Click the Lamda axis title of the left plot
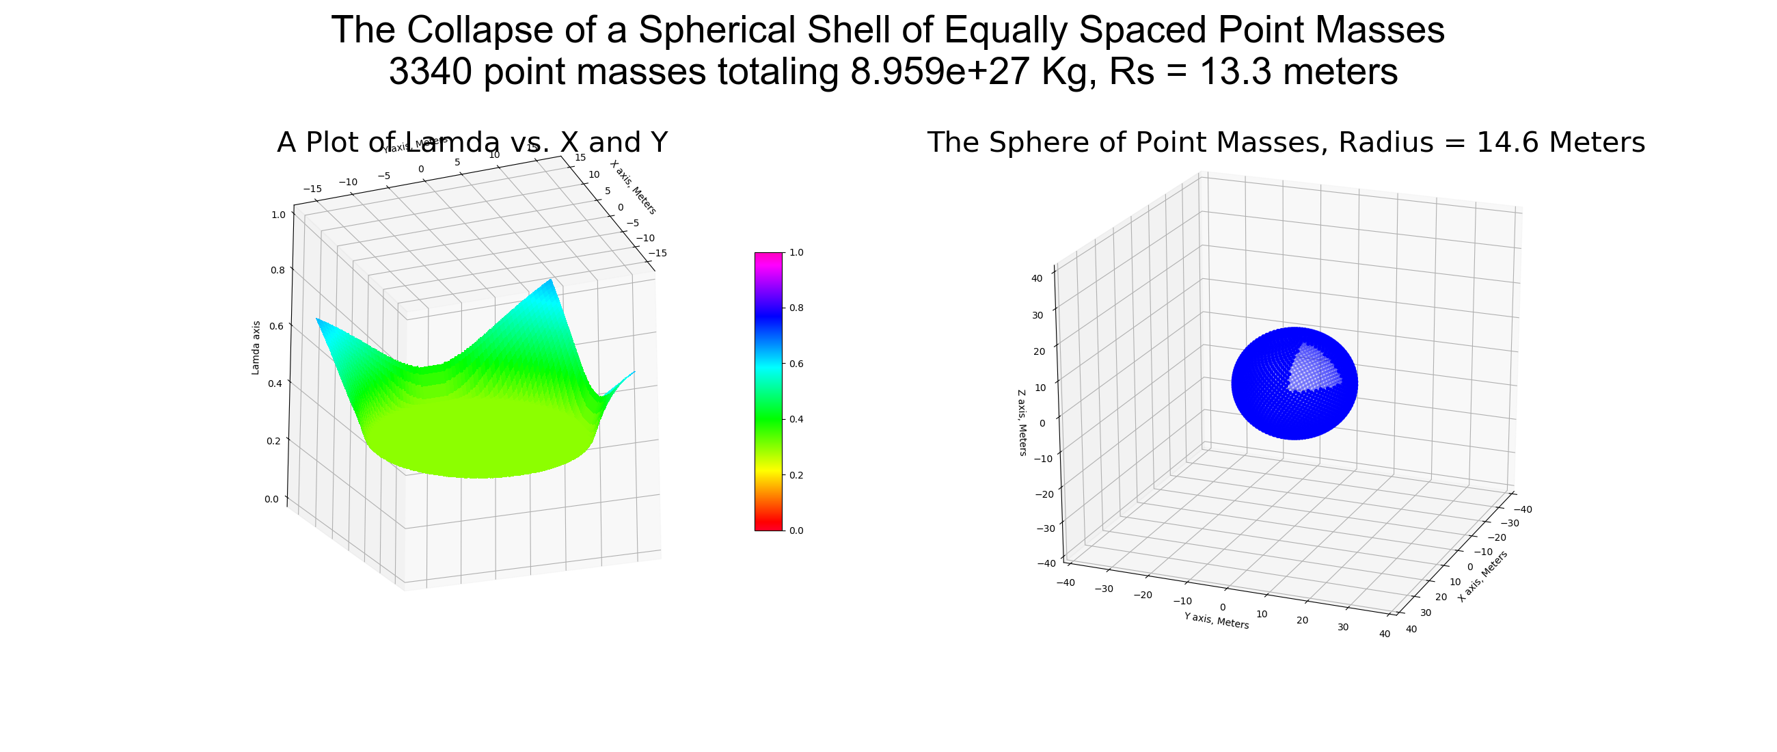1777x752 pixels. pyautogui.click(x=256, y=348)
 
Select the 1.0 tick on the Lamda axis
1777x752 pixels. pyautogui.click(x=278, y=215)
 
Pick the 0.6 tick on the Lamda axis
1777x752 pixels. pyautogui.click(x=277, y=326)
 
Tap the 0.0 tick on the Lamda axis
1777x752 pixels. pyautogui.click(x=272, y=500)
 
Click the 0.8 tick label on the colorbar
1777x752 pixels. pyautogui.click(x=796, y=308)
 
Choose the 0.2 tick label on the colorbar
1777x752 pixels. pyautogui.click(x=796, y=475)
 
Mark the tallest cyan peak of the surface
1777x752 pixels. pyautogui.click(x=550, y=281)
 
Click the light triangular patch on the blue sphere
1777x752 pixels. pyautogui.click(x=1312, y=369)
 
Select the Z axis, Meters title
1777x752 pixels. pyautogui.click(x=1022, y=423)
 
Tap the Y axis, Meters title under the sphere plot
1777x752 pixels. pyautogui.click(x=1216, y=620)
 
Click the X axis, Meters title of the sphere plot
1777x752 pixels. pyautogui.click(x=1482, y=576)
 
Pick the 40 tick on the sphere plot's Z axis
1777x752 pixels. pyautogui.click(x=1037, y=279)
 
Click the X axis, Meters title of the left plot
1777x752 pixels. pyautogui.click(x=634, y=187)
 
